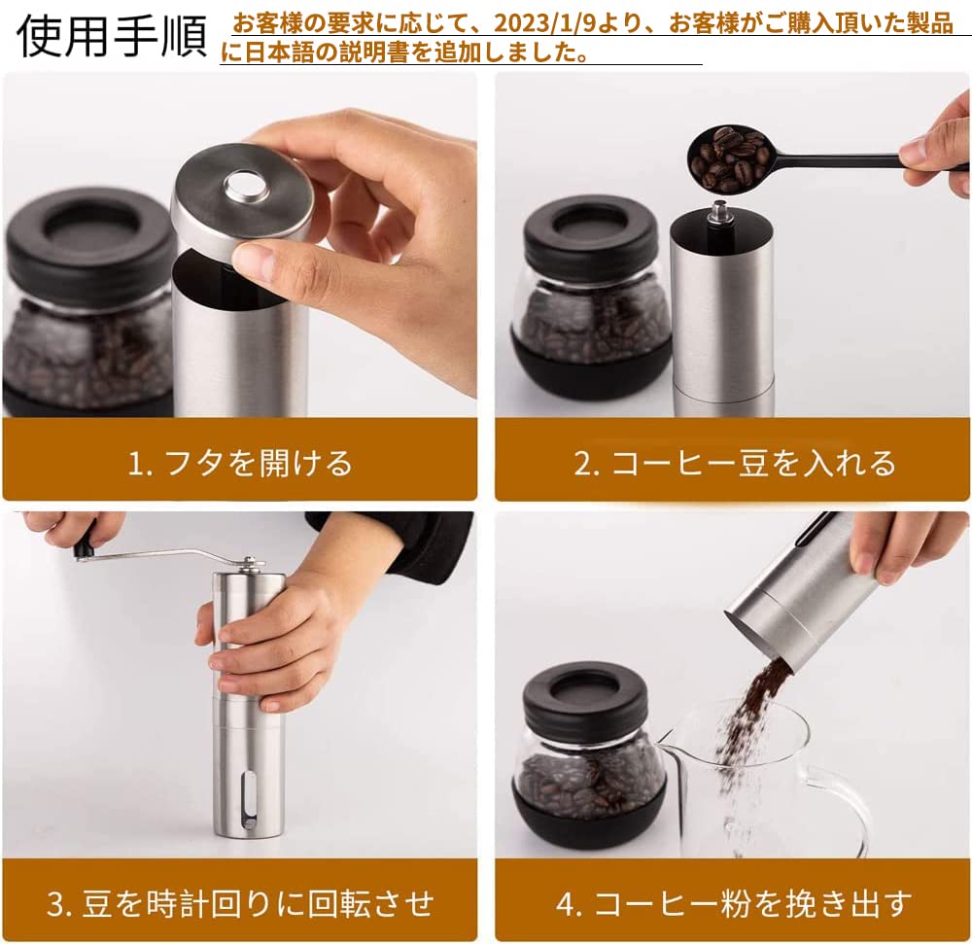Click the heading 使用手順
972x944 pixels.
[x=112, y=35]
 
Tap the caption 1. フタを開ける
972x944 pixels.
[x=239, y=463]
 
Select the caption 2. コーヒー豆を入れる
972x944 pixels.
[x=734, y=463]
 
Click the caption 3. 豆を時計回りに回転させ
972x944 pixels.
[x=239, y=903]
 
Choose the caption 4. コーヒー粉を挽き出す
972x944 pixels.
[x=734, y=903]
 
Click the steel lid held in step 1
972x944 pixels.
[x=242, y=194]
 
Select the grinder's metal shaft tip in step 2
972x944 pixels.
[x=718, y=210]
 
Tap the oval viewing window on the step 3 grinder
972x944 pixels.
[x=249, y=796]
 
